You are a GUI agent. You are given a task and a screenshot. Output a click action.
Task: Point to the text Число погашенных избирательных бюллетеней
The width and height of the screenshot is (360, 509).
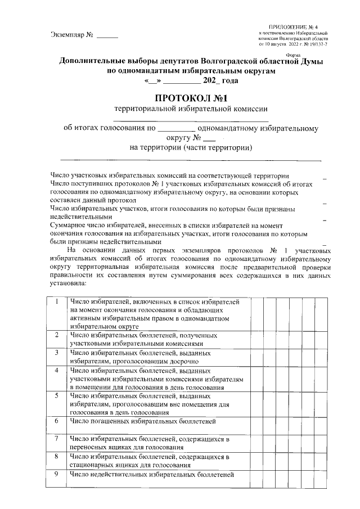[x=142, y=420]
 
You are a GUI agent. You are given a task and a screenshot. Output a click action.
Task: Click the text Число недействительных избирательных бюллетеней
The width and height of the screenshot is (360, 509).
[x=151, y=474]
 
